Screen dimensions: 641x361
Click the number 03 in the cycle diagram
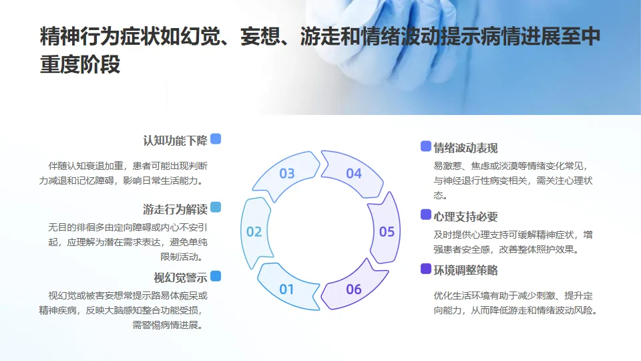287,174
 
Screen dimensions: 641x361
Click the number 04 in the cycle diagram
353,174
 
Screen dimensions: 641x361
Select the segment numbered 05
387,232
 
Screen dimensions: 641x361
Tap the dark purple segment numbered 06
353,289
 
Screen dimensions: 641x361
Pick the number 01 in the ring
287,289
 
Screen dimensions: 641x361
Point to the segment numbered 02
254,232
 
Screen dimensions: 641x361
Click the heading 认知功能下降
175,140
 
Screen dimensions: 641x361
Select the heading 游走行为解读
175,208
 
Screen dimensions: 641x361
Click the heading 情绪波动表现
465,148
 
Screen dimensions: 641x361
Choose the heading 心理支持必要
465,217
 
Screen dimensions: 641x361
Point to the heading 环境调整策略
465,270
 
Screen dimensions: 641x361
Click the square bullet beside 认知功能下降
216,139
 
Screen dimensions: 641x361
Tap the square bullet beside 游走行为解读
216,207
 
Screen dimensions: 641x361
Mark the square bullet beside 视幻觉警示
216,276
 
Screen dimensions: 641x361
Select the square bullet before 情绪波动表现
425,146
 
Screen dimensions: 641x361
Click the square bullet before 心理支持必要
425,215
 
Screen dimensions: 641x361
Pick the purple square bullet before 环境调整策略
425,269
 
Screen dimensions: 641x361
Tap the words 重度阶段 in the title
80,65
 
